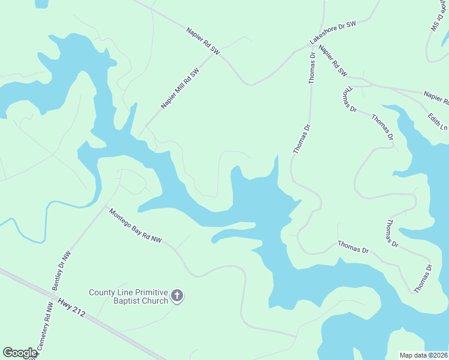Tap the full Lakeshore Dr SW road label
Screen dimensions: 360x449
click(333, 32)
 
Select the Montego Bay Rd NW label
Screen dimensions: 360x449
click(135, 225)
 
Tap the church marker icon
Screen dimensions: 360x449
click(176, 295)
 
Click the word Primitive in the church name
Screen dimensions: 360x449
click(148, 292)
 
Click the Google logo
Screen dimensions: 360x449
click(20, 353)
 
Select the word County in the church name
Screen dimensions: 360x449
click(102, 292)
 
